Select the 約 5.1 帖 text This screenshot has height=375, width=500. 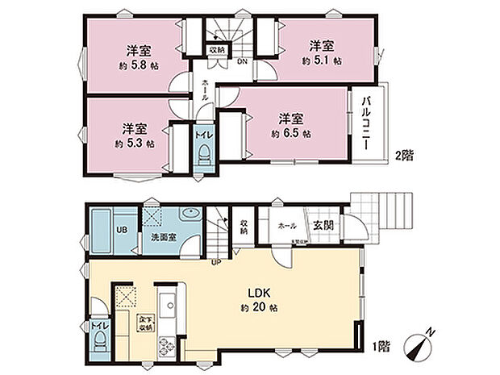[322, 60]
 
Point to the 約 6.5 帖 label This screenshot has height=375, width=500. [290, 134]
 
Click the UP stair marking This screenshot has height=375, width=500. [216, 262]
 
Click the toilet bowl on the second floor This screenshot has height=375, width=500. [205, 154]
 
